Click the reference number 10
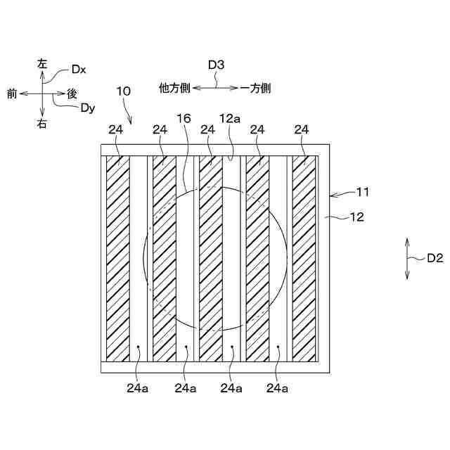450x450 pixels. [123, 91]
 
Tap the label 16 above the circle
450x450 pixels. [184, 119]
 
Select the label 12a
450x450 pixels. [230, 119]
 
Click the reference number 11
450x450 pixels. [363, 191]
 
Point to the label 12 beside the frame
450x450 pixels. [357, 218]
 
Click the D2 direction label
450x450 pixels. [435, 258]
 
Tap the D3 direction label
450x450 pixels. [216, 65]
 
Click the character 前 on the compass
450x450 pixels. [12, 93]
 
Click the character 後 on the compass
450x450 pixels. [72, 93]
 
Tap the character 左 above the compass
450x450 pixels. [42, 63]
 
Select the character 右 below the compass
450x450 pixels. [42, 124]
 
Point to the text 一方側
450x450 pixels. [256, 88]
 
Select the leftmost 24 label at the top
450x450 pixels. [116, 129]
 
